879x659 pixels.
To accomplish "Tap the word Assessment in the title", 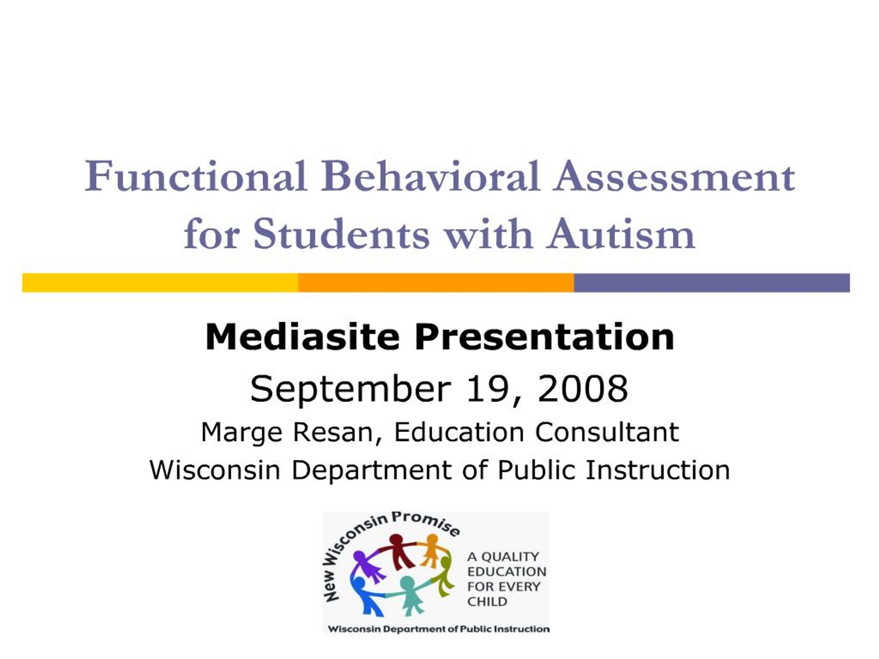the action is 674,177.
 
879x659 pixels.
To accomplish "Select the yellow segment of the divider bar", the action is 160,283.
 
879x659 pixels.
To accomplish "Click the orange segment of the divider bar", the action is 436,283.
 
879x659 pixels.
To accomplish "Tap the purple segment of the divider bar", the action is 712,283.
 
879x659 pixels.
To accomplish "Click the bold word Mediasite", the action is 302,337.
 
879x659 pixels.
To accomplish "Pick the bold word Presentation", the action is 545,337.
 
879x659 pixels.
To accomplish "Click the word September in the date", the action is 351,389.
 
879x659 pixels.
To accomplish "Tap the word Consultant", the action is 607,432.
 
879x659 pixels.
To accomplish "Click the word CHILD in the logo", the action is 487,601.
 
